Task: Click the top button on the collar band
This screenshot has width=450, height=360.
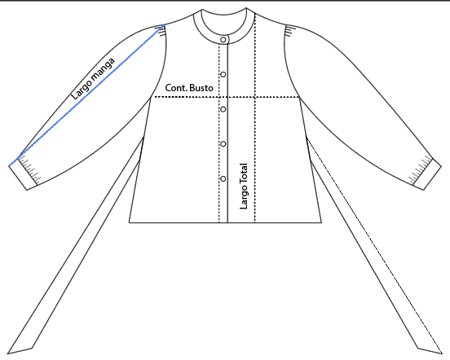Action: point(223,40)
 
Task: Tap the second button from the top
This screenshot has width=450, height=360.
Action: point(223,74)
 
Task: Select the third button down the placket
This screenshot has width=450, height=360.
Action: point(223,109)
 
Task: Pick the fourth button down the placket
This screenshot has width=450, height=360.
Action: point(223,144)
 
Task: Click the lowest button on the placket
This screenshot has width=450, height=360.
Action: point(223,179)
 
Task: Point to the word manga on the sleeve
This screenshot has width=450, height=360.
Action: point(104,68)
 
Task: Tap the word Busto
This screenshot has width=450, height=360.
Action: point(201,88)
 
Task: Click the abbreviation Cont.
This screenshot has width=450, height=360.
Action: point(176,88)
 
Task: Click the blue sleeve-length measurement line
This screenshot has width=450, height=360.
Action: point(86,95)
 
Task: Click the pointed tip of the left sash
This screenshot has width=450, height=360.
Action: point(7,353)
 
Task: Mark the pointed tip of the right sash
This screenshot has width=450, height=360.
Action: point(442,353)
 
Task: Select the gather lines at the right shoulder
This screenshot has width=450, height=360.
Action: point(289,31)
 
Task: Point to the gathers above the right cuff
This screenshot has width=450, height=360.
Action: point(421,170)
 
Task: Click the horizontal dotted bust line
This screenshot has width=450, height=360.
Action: point(227,97)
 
